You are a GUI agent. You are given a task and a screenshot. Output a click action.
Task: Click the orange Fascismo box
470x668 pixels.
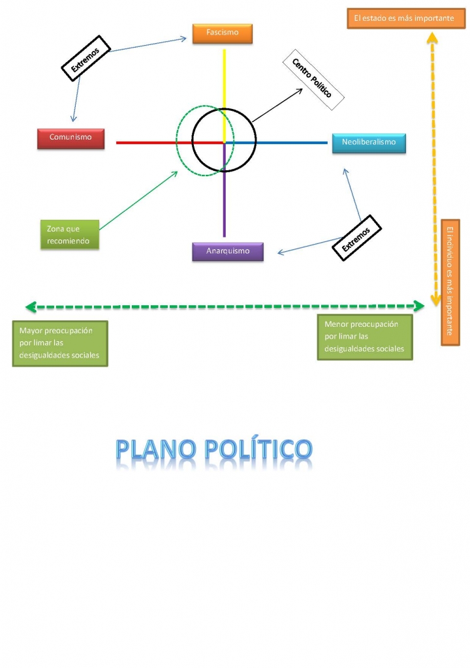point(222,33)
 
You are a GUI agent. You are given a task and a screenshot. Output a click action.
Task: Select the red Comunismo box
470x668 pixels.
point(70,138)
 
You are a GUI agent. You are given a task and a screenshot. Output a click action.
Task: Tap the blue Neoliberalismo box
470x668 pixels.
point(369,143)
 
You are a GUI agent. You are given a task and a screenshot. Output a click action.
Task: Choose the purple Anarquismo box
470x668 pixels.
point(228,252)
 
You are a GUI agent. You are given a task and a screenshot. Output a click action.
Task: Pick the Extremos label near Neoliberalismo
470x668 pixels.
point(356,238)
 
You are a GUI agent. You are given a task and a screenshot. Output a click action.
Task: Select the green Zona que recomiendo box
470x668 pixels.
point(70,235)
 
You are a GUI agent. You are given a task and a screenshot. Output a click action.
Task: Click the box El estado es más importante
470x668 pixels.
point(403,19)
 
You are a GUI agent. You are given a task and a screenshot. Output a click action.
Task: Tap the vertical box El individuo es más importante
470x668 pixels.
point(450,281)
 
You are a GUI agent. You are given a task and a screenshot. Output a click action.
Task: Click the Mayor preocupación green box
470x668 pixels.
point(60,343)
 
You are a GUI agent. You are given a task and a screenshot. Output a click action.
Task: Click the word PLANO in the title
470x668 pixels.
point(156,449)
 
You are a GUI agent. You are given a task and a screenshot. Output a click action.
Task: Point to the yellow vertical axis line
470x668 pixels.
point(225,85)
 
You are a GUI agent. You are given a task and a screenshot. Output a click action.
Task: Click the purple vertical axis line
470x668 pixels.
point(225,202)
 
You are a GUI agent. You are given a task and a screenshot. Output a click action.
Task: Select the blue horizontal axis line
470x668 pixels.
point(294,142)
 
